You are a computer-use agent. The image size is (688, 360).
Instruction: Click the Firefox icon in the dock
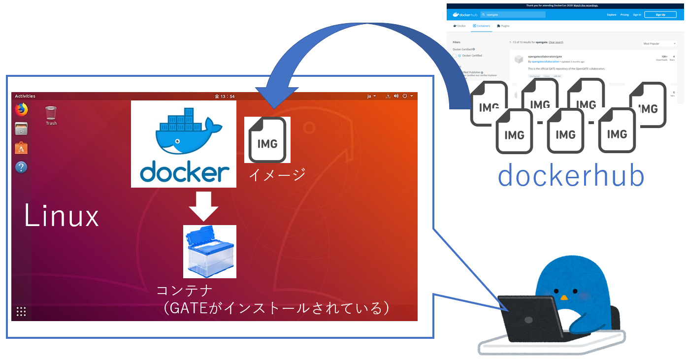pyautogui.click(x=21, y=110)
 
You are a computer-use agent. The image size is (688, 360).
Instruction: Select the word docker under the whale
pyautogui.click(x=184, y=172)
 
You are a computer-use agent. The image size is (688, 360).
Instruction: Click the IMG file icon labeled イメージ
pyautogui.click(x=267, y=140)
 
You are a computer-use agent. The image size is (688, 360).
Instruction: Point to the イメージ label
pyautogui.click(x=277, y=174)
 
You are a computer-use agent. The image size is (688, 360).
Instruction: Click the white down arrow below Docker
pyautogui.click(x=203, y=206)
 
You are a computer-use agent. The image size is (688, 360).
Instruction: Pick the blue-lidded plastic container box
pyautogui.click(x=209, y=252)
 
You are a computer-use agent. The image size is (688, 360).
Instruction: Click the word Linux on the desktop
pyautogui.click(x=62, y=217)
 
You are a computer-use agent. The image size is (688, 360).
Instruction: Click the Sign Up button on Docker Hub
pyautogui.click(x=661, y=15)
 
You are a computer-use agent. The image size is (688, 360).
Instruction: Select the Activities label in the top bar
pyautogui.click(x=25, y=96)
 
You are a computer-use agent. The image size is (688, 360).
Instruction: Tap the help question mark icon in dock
pyautogui.click(x=21, y=167)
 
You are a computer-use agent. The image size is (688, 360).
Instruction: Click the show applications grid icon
pyautogui.click(x=21, y=311)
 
